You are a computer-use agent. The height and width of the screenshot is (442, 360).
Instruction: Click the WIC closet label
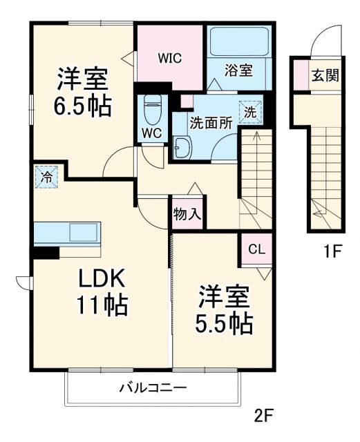point(169,58)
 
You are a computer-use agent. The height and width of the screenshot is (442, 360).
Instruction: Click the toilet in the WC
point(151,107)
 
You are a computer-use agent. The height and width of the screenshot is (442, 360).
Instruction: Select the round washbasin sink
point(182,148)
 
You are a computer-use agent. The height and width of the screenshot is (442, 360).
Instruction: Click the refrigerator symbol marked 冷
point(46,177)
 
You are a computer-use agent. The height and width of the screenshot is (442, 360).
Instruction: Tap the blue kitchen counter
point(67,233)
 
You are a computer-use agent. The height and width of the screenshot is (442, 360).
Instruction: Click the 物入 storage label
point(187,214)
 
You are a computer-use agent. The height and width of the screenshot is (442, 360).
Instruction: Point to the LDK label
point(100,278)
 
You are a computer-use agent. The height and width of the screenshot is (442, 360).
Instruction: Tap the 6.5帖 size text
point(82,107)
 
